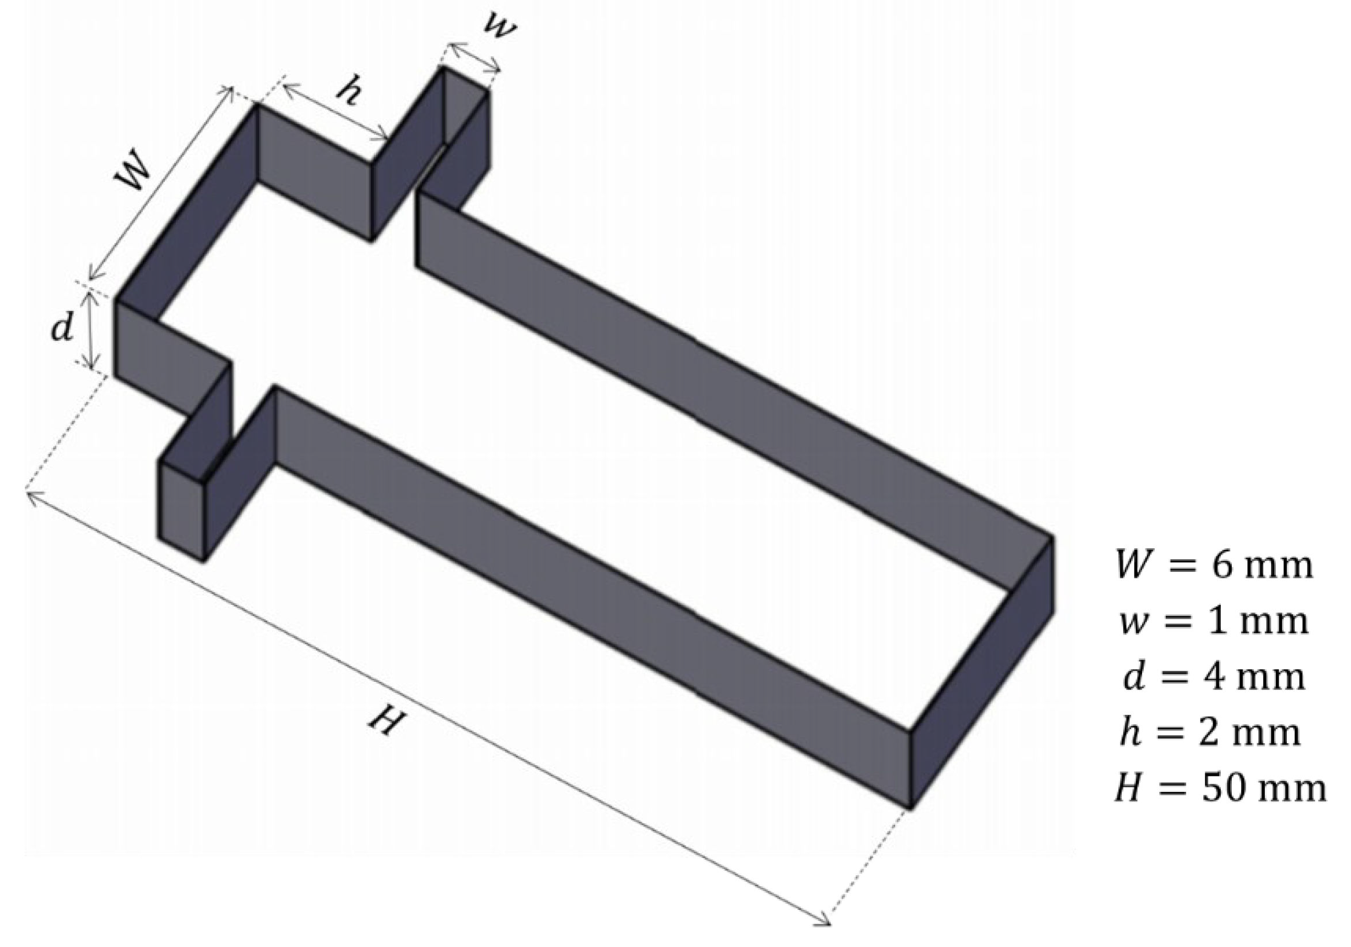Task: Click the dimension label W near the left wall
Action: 134,173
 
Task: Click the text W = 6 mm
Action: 1214,565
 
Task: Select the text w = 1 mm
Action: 1214,622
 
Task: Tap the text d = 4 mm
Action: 1214,677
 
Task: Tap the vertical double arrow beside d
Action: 91,329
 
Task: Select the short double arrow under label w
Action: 474,58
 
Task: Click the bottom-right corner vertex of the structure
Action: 910,807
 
